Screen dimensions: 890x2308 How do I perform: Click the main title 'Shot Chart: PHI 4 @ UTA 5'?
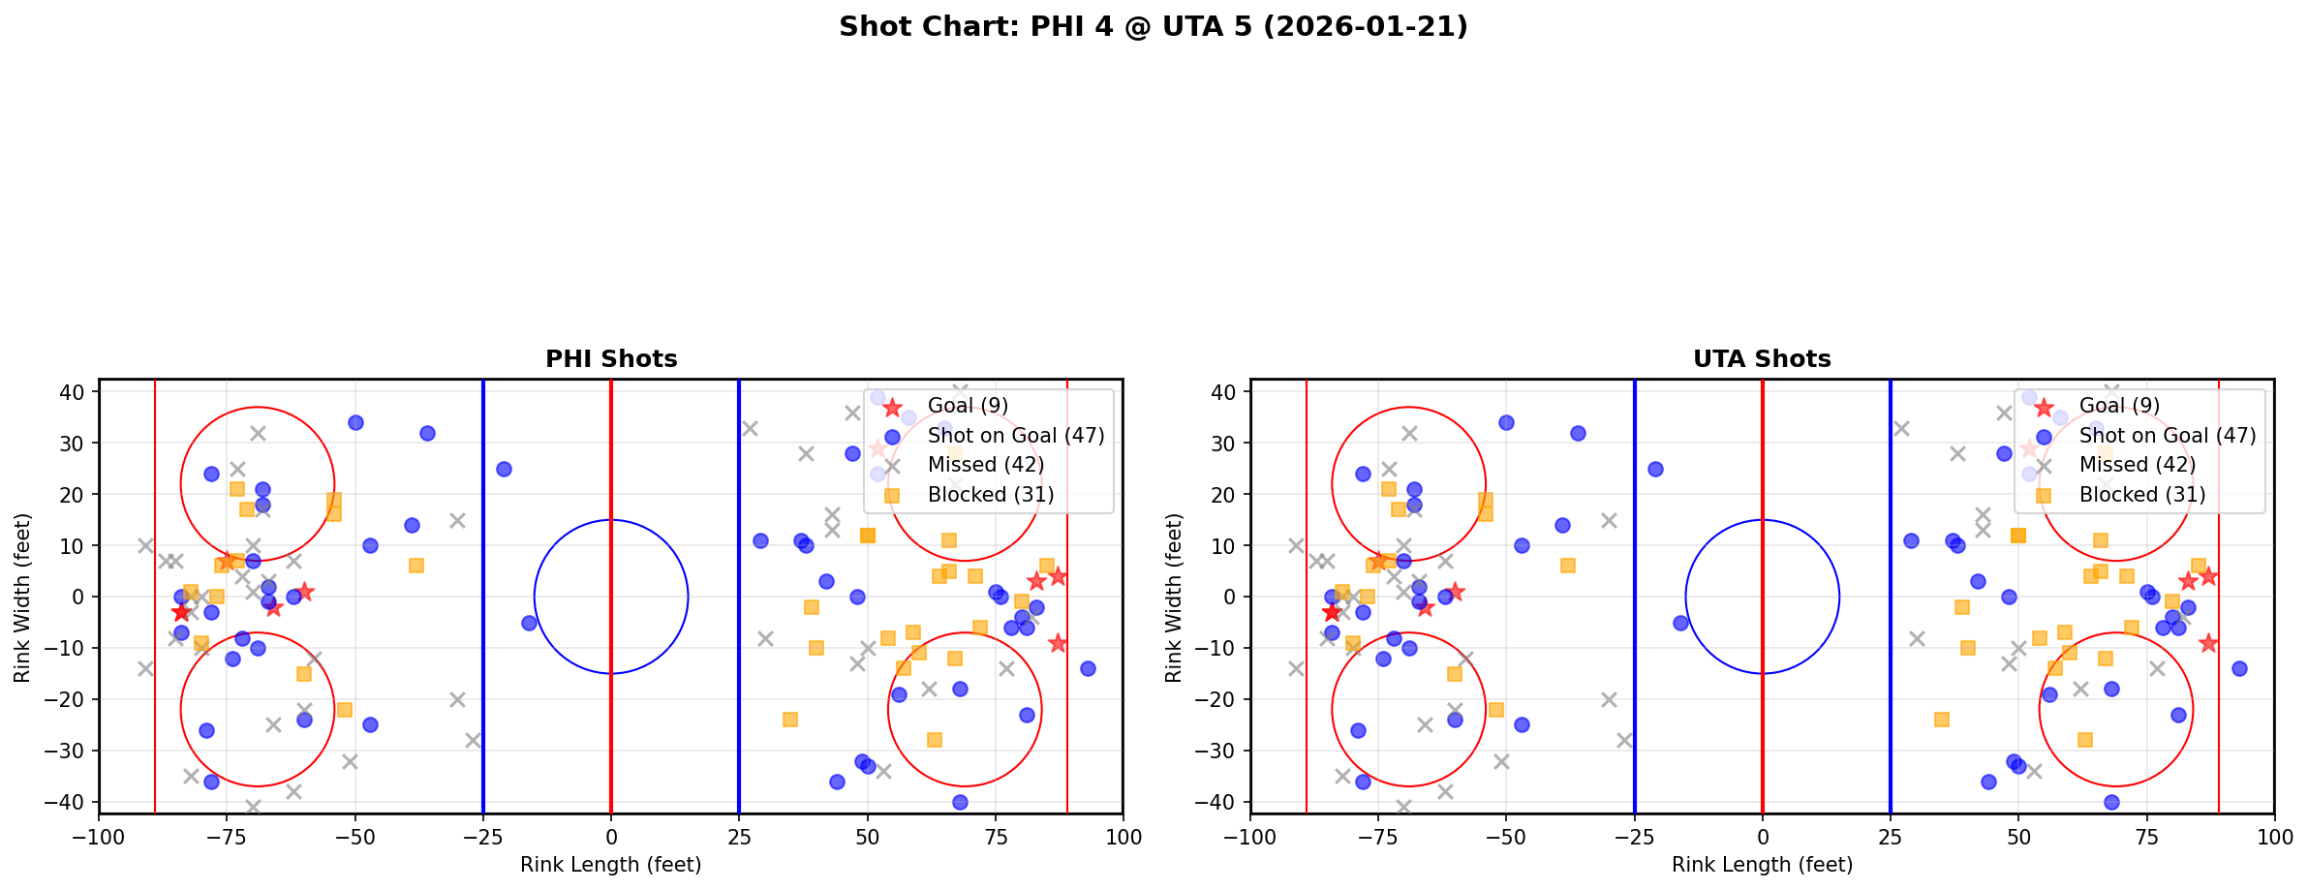click(x=1153, y=27)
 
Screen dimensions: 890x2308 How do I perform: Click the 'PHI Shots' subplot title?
click(x=611, y=359)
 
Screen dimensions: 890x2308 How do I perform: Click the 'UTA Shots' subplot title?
click(x=1762, y=359)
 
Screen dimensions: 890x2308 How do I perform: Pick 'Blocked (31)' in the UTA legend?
click(x=2141, y=495)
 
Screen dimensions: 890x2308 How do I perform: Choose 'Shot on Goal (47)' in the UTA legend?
click(x=2167, y=436)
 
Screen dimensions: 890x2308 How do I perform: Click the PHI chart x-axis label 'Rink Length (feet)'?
click(x=610, y=865)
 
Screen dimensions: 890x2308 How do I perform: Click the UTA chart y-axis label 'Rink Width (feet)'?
click(x=1174, y=598)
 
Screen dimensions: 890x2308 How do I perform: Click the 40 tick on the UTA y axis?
click(x=1229, y=392)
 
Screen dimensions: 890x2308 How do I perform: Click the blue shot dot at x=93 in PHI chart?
click(x=1088, y=668)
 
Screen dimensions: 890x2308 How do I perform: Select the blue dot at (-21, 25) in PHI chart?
click(x=504, y=469)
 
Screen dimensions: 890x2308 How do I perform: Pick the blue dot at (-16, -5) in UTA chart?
click(x=1680, y=623)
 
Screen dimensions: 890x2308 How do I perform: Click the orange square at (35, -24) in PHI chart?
click(x=790, y=720)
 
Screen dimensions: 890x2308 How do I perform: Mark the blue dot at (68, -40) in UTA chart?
click(x=2111, y=802)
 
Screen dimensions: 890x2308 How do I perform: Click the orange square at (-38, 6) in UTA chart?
click(x=1567, y=566)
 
